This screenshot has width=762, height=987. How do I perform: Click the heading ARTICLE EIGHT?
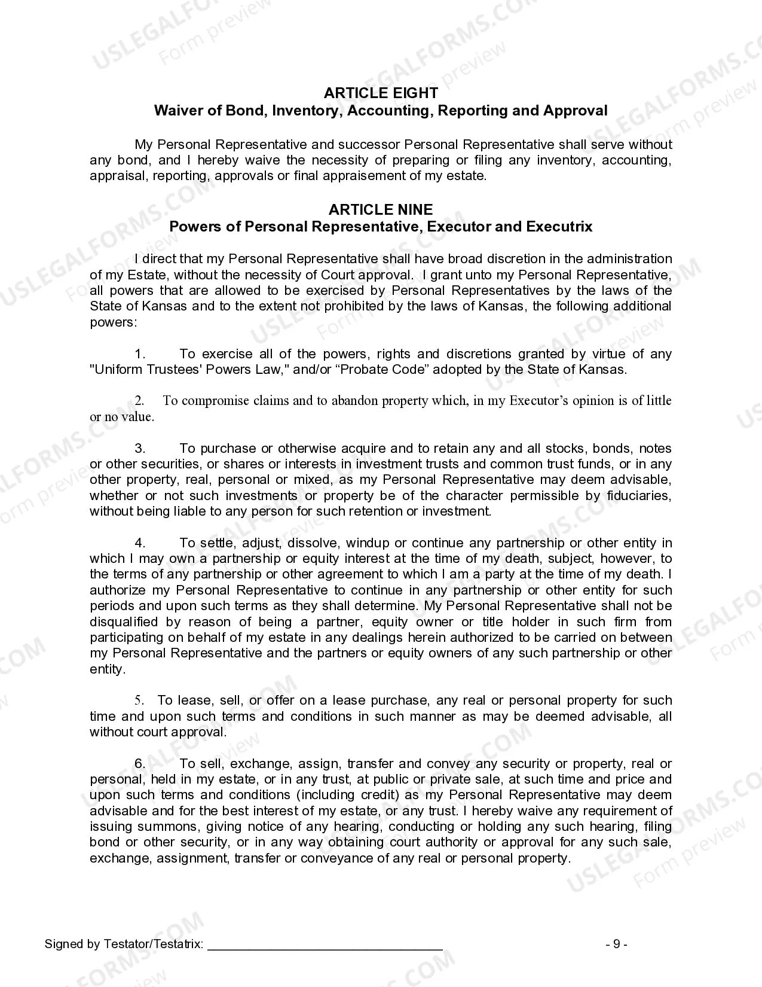point(381,93)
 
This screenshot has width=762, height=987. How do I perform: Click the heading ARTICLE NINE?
point(381,209)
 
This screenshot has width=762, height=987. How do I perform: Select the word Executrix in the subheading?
point(559,227)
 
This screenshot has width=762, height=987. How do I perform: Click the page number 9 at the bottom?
point(616,944)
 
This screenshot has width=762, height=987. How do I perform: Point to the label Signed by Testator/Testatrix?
point(124,945)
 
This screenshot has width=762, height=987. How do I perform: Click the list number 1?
point(140,354)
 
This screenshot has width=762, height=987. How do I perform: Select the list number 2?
point(139,401)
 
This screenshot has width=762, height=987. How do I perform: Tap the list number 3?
point(140,449)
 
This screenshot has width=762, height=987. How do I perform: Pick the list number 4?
point(140,543)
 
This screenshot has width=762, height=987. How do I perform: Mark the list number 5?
point(139,700)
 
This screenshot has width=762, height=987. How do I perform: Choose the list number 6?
point(140,764)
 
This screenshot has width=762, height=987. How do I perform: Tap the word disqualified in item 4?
point(124,622)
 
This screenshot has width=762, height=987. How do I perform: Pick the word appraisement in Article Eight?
point(365,176)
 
